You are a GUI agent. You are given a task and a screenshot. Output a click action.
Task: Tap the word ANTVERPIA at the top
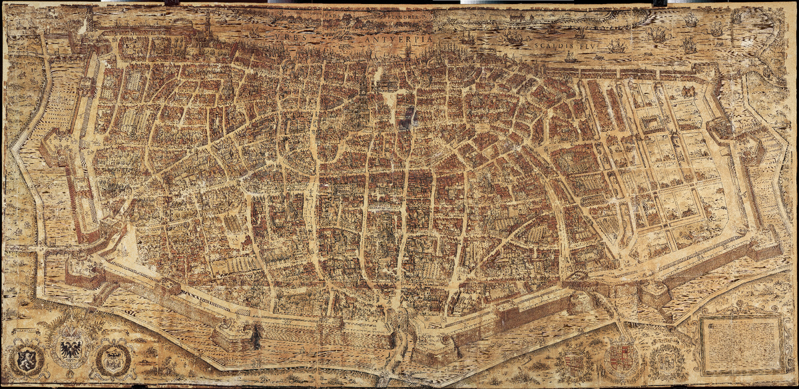pyautogui.click(x=398, y=39)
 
